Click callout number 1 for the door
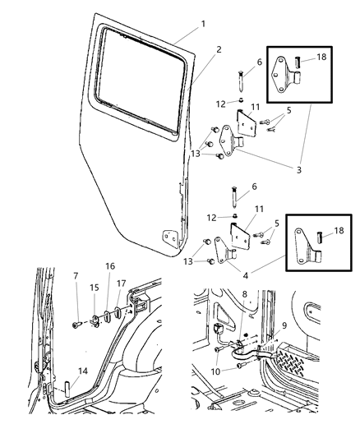(203, 23)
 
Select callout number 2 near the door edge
(219, 50)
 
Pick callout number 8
(243, 293)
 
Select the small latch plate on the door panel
(169, 237)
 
